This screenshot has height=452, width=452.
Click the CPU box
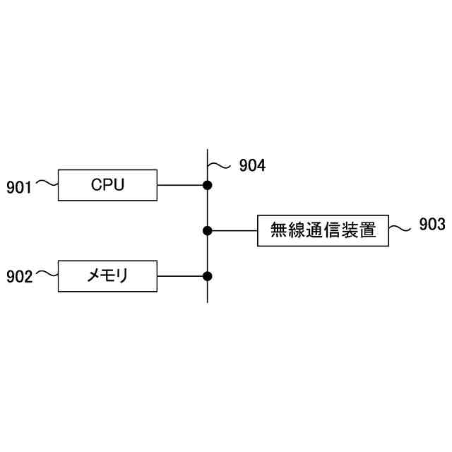(107, 186)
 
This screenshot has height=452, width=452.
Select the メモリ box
(107, 275)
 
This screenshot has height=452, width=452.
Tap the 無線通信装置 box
(323, 230)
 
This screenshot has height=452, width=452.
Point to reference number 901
(19, 187)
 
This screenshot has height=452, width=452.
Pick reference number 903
(432, 225)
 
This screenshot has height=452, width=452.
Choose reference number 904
(252, 166)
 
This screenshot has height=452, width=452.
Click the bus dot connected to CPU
(208, 186)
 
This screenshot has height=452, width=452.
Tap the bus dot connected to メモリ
(208, 275)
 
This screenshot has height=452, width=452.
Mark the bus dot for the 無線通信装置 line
(208, 230)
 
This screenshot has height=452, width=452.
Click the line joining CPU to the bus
(181, 186)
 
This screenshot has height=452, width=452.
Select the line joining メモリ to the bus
(181, 275)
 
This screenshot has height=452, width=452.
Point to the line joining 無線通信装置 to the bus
(233, 230)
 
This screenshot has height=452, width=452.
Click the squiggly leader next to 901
(47, 184)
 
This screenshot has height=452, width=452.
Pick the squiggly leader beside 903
(400, 228)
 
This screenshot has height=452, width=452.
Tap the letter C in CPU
(96, 186)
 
